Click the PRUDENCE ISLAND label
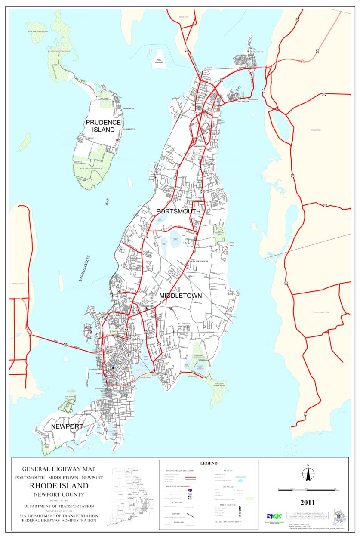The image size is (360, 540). click(x=103, y=126)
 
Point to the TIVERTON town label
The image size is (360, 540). click(x=316, y=130)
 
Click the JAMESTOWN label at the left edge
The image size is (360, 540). click(x=18, y=284)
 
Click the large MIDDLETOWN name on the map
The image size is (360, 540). click(x=180, y=296)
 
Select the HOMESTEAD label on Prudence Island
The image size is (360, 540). click(x=128, y=108)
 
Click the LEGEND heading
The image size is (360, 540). click(x=209, y=463)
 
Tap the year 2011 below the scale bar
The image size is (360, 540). click(x=308, y=502)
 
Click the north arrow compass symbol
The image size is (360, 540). click(x=308, y=473)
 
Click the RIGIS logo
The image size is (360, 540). click(x=274, y=516)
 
